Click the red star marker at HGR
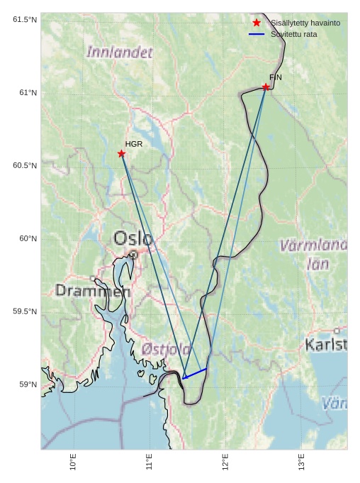[121, 153]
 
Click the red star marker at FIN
[266, 87]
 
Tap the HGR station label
[134, 144]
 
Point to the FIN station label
[276, 77]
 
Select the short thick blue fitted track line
[195, 373]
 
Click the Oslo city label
[133, 238]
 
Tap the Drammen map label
[93, 291]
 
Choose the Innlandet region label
[119, 52]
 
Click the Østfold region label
[166, 349]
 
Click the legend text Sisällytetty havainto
[305, 23]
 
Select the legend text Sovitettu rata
[293, 34]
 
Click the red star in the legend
[257, 23]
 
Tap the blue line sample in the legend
[257, 34]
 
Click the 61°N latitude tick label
[25, 93]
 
